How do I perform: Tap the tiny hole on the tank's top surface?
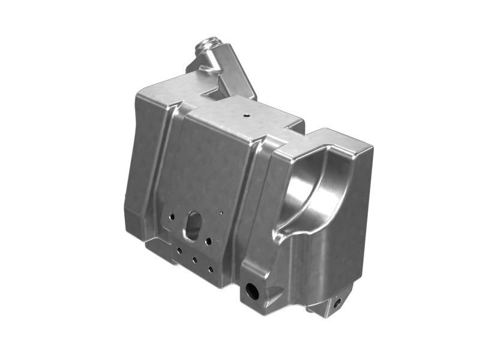[246, 112]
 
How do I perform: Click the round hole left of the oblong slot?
[172, 215]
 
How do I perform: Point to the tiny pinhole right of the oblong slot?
[221, 212]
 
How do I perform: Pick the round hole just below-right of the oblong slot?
[209, 242]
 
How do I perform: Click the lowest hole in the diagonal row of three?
[210, 269]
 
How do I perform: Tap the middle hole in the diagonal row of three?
[195, 260]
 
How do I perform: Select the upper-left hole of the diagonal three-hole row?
[179, 251]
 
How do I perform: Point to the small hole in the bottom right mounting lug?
[337, 302]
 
